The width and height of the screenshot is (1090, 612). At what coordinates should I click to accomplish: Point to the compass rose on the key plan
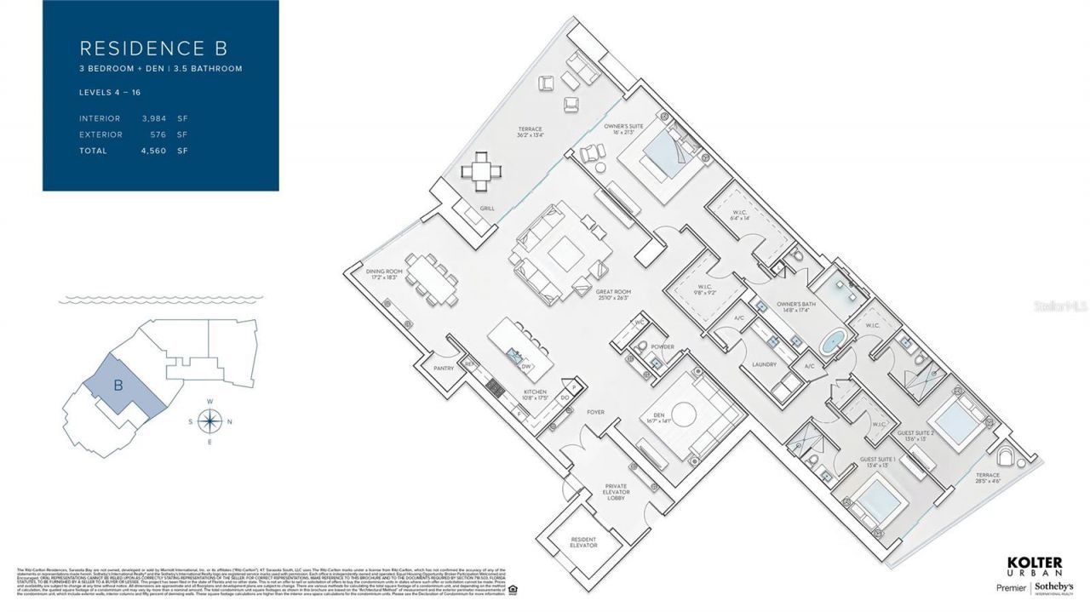(x=209, y=420)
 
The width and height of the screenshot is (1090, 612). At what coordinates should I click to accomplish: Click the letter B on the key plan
(x=119, y=385)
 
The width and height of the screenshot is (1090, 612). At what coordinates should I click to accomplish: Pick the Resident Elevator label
(x=583, y=542)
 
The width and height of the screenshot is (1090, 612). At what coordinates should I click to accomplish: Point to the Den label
(x=654, y=417)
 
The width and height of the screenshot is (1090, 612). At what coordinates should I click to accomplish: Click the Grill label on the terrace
(x=486, y=208)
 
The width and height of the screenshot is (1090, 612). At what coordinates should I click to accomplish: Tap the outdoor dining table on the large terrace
(x=483, y=172)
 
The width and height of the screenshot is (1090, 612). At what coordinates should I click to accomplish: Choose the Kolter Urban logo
(x=1035, y=567)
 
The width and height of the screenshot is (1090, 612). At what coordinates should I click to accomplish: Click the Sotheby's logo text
(x=1054, y=588)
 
